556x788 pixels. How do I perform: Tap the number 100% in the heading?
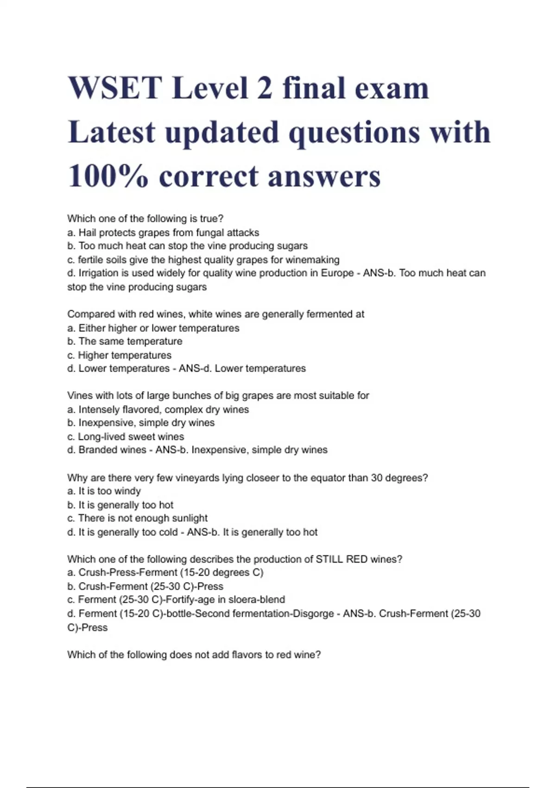tap(108, 177)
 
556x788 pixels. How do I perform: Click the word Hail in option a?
tap(87, 233)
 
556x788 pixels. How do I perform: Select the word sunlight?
tap(190, 518)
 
